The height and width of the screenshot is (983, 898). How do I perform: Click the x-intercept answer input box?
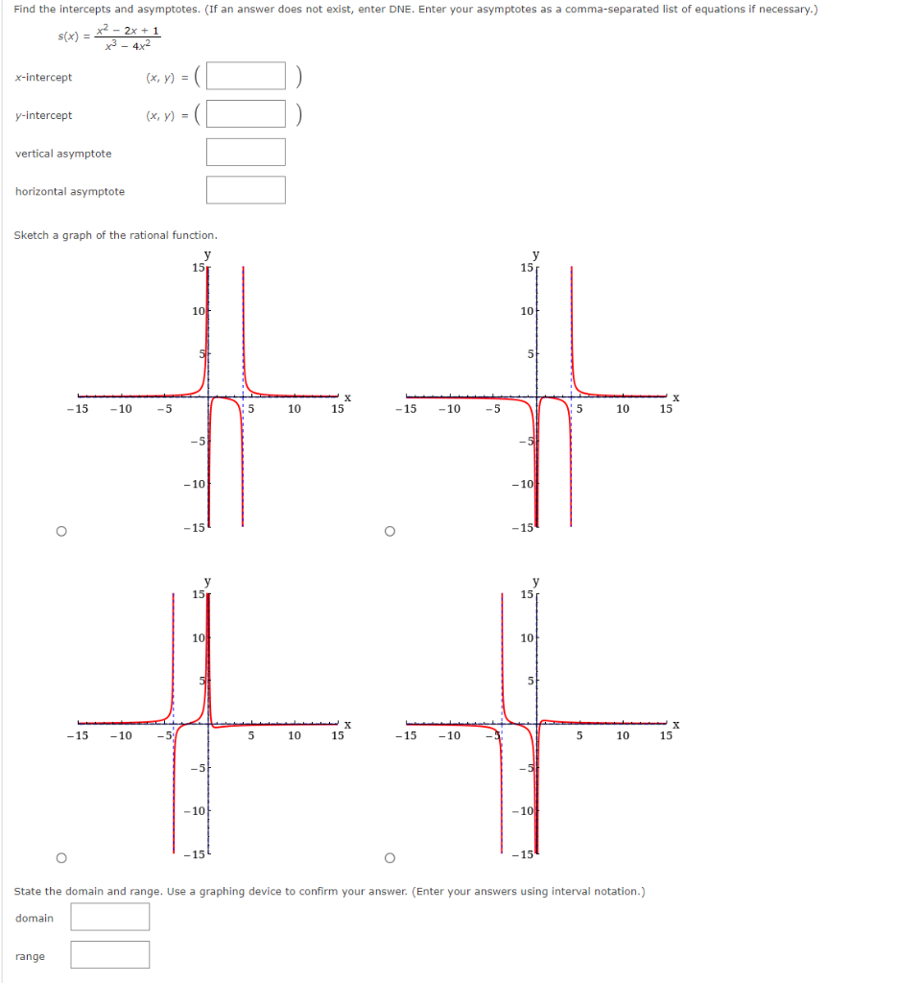point(246,76)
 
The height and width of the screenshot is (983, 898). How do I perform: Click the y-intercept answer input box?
point(246,114)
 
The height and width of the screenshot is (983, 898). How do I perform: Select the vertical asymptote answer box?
point(246,152)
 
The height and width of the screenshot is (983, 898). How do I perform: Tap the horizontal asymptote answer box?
point(246,190)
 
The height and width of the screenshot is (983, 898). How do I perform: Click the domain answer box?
point(109,917)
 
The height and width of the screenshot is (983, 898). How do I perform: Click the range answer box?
point(109,955)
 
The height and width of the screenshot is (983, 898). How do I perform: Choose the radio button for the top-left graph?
point(60,530)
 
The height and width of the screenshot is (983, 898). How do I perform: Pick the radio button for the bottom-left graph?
point(60,857)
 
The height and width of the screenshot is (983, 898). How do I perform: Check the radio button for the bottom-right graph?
point(389,857)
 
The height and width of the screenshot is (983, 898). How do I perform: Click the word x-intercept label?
point(43,77)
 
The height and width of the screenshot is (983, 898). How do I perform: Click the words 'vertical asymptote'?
point(63,154)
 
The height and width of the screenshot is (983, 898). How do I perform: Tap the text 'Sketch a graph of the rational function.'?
point(116,235)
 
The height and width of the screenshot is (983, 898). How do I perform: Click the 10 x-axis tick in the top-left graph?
point(294,409)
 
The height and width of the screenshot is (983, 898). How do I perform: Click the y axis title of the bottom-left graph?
point(207,582)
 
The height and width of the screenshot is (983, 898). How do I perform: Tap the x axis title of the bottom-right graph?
point(675,724)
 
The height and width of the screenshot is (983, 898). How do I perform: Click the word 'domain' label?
point(35,919)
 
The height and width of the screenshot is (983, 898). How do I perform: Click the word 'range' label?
point(30,956)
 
